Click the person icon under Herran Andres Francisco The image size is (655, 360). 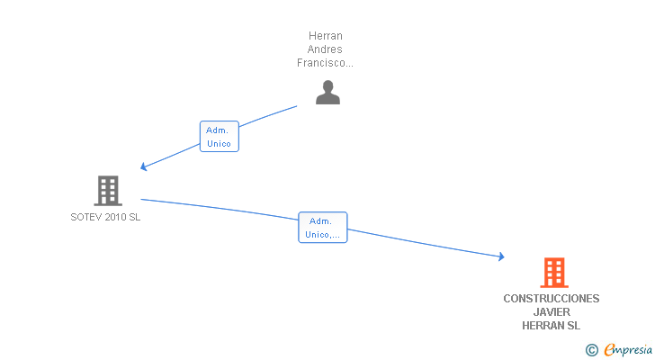(x=327, y=92)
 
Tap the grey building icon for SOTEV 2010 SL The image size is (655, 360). (x=108, y=191)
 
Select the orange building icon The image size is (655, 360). (x=553, y=273)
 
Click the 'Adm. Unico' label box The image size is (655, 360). (x=219, y=136)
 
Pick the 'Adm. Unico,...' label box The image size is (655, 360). (x=322, y=228)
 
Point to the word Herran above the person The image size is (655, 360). (x=325, y=36)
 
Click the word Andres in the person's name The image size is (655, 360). (x=325, y=49)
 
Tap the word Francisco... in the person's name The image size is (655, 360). (x=325, y=63)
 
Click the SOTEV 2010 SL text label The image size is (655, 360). (x=105, y=217)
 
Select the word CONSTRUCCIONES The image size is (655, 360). (x=551, y=299)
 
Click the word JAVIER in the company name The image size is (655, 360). (x=551, y=312)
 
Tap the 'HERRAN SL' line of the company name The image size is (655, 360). (x=551, y=326)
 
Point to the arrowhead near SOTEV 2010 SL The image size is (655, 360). (x=143, y=167)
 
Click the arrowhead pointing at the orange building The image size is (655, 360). (x=500, y=257)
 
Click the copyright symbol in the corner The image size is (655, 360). (x=592, y=350)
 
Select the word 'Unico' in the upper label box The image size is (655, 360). (x=219, y=143)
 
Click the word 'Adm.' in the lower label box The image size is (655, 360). (x=320, y=220)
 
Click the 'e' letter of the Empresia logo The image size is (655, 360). (x=609, y=350)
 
